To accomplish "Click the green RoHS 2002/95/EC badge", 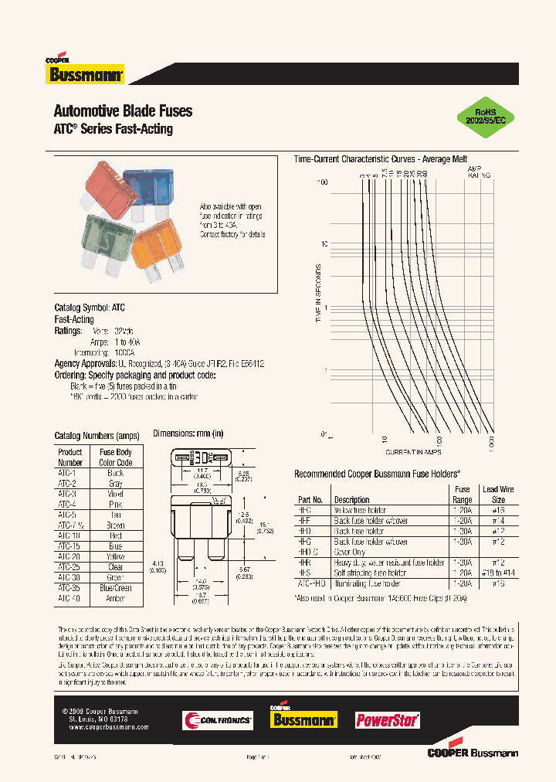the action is [x=485, y=116].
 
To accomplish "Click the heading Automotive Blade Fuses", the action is [x=123, y=110].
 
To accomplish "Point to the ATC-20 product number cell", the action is [x=70, y=556].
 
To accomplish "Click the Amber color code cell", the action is [x=116, y=598].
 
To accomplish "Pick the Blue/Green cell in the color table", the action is [x=116, y=588].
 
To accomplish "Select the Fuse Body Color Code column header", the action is [x=116, y=457].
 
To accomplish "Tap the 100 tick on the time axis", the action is [x=323, y=183].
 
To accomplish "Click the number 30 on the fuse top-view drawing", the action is [x=202, y=458].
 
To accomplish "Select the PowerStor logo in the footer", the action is [x=387, y=720].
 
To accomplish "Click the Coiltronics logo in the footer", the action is [x=217, y=720].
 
